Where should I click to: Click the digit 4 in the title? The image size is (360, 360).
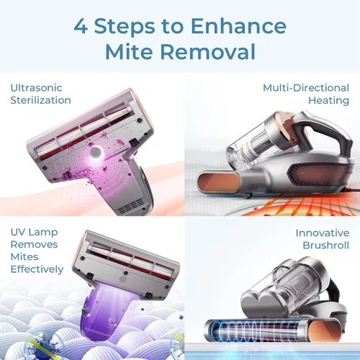tap(81, 26)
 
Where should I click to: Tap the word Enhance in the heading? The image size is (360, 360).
tap(239, 26)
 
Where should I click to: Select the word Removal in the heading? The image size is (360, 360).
tap(207, 52)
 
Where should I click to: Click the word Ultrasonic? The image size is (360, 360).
tap(36, 88)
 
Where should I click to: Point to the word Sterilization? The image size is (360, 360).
tap(40, 100)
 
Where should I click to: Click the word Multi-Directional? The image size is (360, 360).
tap(306, 88)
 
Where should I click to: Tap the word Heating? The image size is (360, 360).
tap(328, 101)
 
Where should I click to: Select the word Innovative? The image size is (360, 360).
tap(323, 233)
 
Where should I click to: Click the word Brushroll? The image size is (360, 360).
tap(325, 246)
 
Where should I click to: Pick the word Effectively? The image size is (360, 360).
tap(37, 269)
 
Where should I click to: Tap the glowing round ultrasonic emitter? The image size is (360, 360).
tap(96, 153)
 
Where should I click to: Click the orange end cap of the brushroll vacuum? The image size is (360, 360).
tap(325, 331)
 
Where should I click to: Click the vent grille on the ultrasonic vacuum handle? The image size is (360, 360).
tap(132, 207)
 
